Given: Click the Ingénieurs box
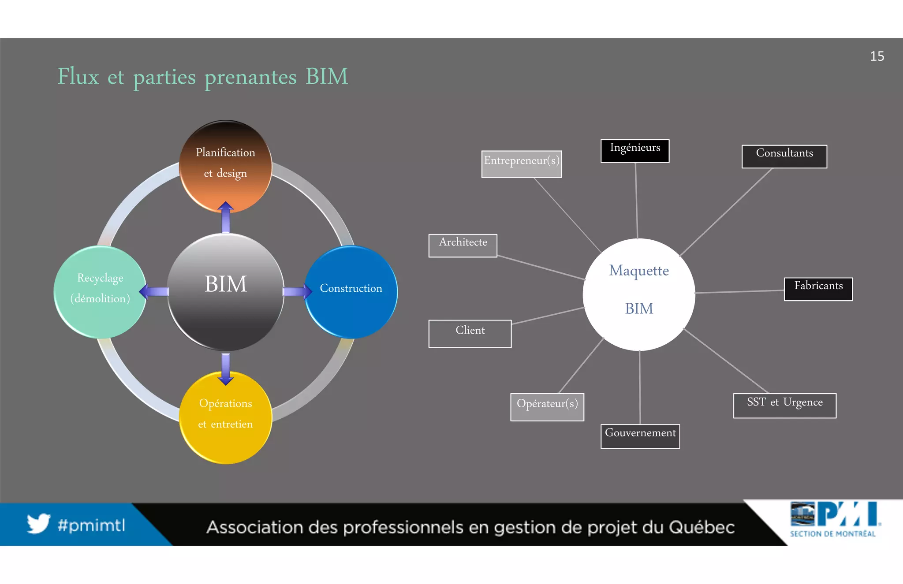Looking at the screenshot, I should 635,151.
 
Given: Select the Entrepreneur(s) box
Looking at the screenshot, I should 521,164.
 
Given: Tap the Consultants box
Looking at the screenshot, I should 784,156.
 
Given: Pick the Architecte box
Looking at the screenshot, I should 463,246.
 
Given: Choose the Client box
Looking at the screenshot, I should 470,334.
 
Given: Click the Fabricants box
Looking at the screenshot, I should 818,289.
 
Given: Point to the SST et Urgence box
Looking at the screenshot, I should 784,405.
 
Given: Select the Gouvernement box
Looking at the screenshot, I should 640,436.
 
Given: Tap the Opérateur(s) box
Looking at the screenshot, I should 547,407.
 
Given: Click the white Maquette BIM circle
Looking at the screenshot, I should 639,294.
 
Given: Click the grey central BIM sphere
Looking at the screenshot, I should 226,292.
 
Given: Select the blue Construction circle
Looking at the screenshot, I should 351,292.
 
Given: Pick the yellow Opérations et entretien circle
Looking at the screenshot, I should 226,417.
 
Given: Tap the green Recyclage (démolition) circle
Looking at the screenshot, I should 100,292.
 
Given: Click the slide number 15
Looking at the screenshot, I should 877,56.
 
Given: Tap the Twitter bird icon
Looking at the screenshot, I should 38,523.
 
